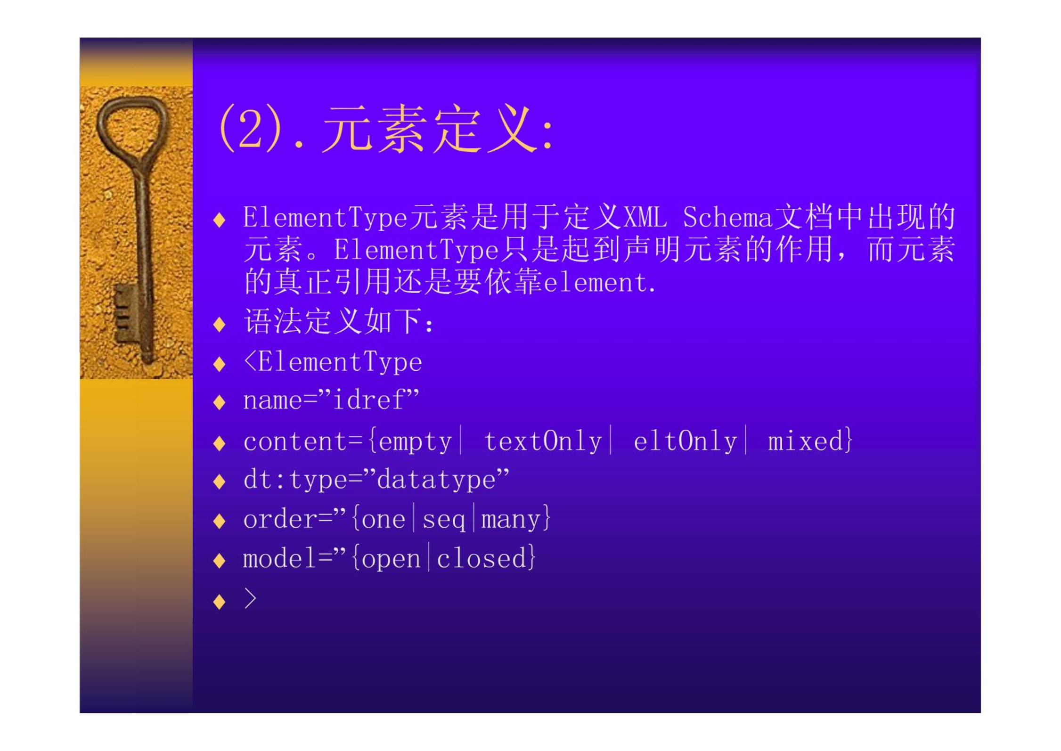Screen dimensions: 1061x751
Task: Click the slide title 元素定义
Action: tap(429, 129)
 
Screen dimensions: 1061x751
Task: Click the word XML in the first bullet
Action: tap(645, 218)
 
